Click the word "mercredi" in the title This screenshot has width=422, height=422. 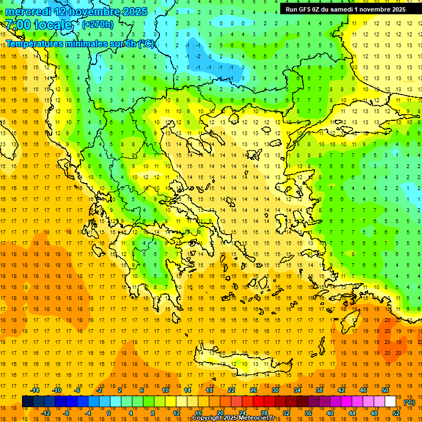pyautogui.click(x=29, y=12)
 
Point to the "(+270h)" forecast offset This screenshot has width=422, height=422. pyautogui.click(x=98, y=24)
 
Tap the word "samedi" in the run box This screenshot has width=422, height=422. pyautogui.click(x=340, y=9)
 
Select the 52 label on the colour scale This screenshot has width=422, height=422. pyautogui.click(x=396, y=413)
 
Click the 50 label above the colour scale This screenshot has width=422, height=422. pyautogui.click(x=385, y=390)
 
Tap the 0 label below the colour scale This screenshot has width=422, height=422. pyautogui.click(x=108, y=413)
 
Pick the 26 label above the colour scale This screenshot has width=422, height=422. pyautogui.click(x=253, y=390)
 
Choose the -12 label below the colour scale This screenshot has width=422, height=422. pyautogui.click(x=46, y=413)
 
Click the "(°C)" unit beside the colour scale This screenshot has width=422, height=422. pyautogui.click(x=409, y=402)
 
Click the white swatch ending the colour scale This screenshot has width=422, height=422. pyautogui.click(x=390, y=402)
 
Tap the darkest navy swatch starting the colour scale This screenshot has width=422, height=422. pyautogui.click(x=27, y=402)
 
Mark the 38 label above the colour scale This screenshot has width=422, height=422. pyautogui.click(x=319, y=390)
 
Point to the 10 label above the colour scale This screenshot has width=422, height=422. pyautogui.click(x=165, y=390)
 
